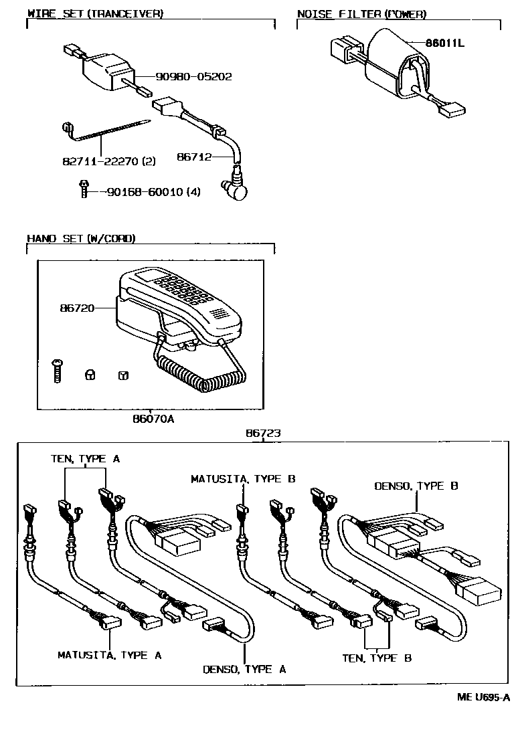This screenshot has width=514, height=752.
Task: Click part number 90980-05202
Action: [193, 77]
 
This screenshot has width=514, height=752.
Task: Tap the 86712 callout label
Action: [194, 157]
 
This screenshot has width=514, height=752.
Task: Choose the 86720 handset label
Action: [75, 308]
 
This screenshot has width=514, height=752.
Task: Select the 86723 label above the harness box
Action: [262, 434]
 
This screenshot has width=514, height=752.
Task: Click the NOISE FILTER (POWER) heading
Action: [361, 14]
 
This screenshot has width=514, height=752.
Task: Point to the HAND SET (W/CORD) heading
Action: [81, 238]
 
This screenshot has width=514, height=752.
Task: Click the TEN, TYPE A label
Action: [85, 458]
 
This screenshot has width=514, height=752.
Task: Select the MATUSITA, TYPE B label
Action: [243, 478]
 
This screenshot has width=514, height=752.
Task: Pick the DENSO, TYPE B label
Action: [416, 486]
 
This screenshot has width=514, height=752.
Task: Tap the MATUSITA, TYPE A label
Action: [109, 655]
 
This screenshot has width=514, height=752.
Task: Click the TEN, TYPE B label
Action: [377, 658]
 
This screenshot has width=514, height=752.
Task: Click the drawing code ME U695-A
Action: [483, 697]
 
